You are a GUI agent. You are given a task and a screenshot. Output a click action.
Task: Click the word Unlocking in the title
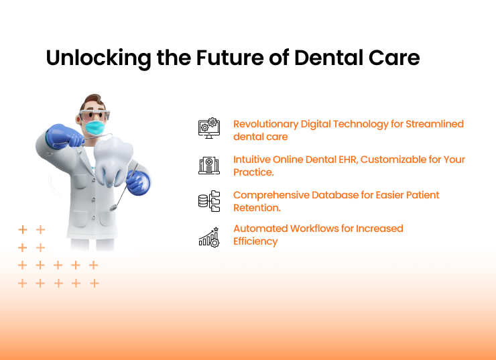click(x=99, y=58)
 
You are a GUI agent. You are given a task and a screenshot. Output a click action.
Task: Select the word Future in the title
click(x=230, y=58)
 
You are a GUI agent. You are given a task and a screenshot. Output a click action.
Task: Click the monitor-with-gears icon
click(x=209, y=128)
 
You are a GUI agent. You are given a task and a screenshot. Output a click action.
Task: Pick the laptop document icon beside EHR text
click(x=209, y=165)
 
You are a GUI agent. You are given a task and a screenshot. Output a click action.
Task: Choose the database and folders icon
click(x=209, y=201)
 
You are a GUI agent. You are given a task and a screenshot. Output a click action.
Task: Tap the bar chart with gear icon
click(x=209, y=237)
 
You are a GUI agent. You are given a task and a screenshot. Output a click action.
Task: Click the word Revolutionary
click(x=265, y=124)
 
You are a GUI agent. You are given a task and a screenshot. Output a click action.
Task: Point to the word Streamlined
click(x=434, y=124)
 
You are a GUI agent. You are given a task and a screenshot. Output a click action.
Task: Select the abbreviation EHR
click(x=349, y=160)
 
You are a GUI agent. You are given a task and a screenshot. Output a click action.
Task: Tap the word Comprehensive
click(x=271, y=196)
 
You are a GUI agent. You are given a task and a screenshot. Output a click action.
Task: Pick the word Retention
click(x=257, y=208)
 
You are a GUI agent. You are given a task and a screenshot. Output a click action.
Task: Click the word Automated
click(x=260, y=229)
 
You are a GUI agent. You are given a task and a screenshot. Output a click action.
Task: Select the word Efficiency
click(x=255, y=241)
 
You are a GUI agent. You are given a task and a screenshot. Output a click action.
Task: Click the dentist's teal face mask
click(x=95, y=127)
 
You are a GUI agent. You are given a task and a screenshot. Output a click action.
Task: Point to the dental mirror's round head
click(x=113, y=208)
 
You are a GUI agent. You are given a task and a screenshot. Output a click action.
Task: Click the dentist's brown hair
click(x=92, y=101)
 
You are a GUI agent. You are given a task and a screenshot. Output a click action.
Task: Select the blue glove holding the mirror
click(x=139, y=182)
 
